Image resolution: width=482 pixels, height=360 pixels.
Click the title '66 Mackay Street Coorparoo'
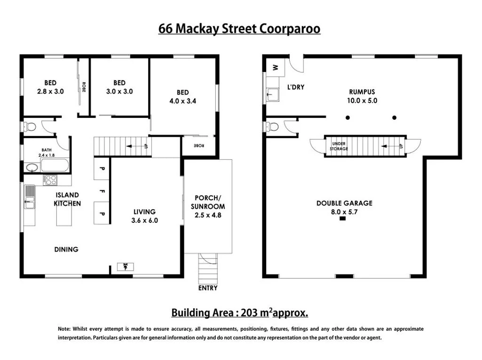pos(239,29)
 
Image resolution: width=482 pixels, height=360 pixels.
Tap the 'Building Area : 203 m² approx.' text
pos(239,313)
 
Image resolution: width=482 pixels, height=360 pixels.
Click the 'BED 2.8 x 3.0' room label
pos(51,87)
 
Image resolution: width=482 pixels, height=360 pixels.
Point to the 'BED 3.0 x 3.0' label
pos(119,87)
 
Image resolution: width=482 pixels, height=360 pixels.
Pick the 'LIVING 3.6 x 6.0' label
pos(144,216)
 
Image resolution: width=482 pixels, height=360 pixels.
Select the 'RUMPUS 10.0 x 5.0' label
pos(362,96)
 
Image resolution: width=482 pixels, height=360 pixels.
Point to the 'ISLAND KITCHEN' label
pos(67,199)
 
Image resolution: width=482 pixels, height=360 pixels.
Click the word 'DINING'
pos(66,249)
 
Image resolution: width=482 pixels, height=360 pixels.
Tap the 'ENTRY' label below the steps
pos(208,288)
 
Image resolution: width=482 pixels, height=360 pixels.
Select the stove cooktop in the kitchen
pos(50,180)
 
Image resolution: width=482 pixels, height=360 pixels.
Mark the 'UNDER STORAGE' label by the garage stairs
pos(339,146)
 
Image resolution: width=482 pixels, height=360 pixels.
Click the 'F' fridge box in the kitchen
pos(102,191)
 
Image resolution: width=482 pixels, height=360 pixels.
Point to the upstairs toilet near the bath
pos(31,127)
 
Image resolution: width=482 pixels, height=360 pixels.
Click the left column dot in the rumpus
pos(347,117)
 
